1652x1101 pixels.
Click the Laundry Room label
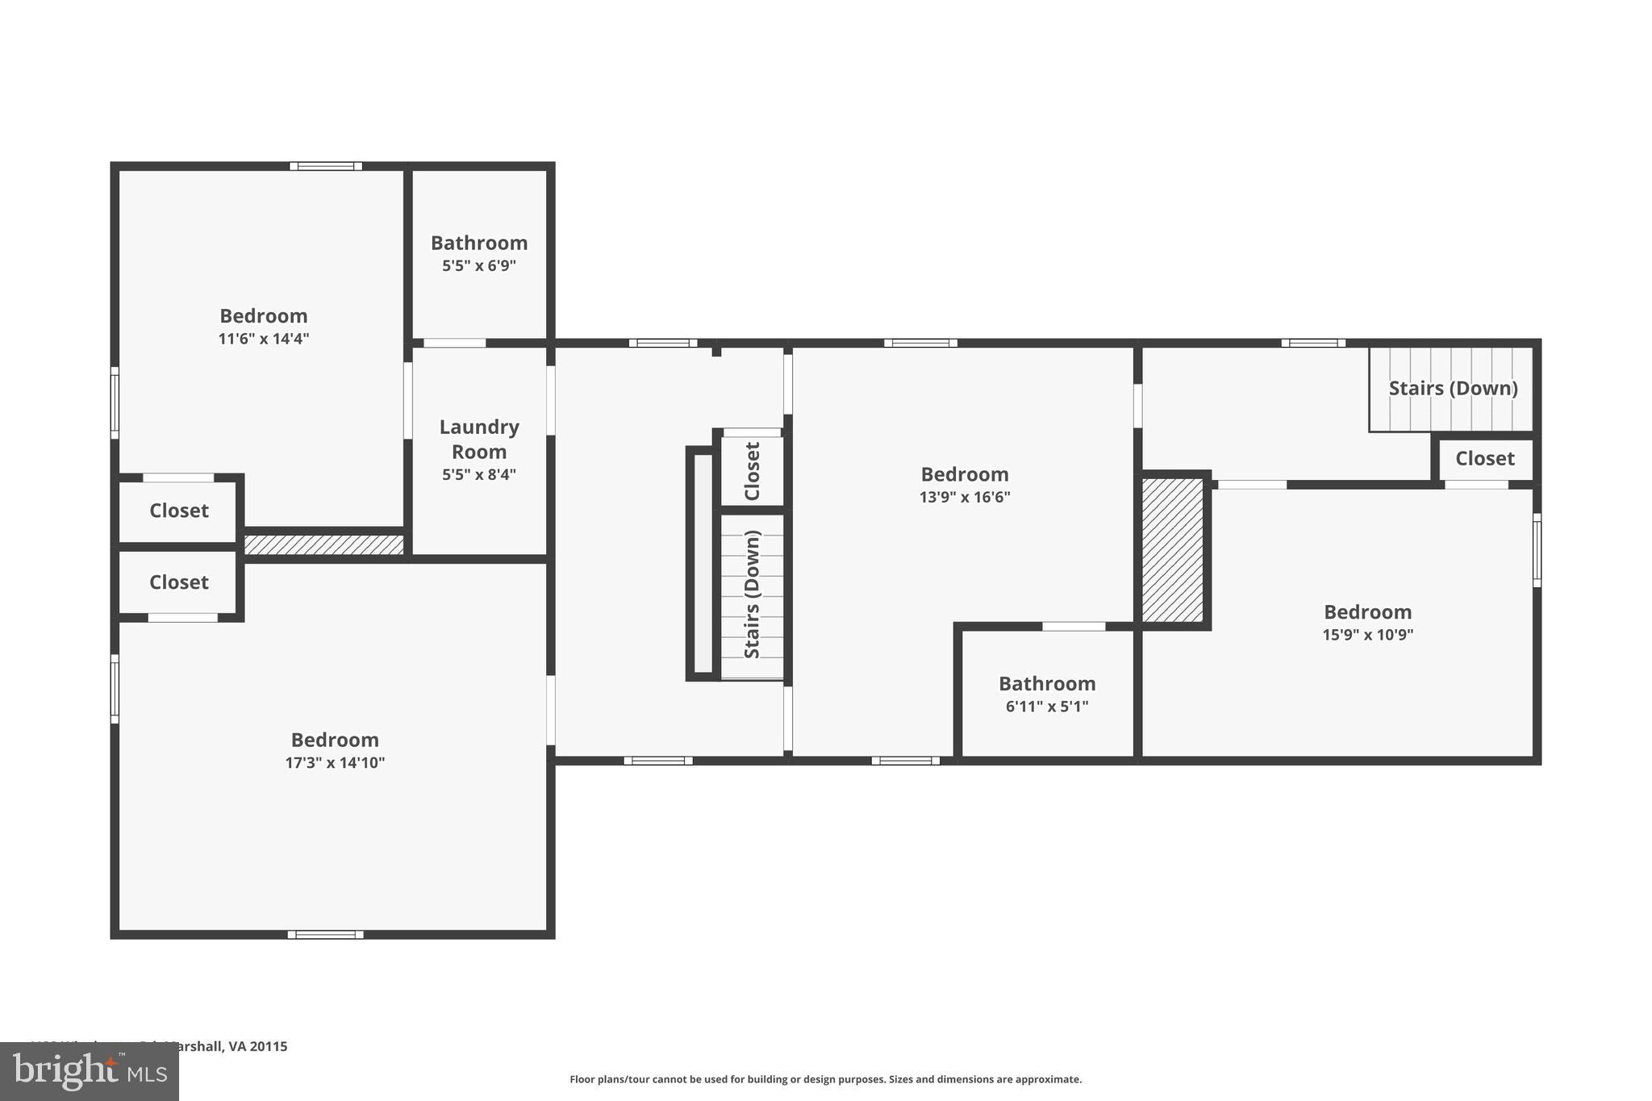point(478,439)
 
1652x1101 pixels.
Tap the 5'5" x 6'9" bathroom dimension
point(478,265)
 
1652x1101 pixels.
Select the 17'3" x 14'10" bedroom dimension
point(335,762)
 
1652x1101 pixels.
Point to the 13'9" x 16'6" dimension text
point(964,497)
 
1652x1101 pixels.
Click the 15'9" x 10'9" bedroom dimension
point(1367,635)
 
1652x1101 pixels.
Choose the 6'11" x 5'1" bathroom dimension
point(1046,707)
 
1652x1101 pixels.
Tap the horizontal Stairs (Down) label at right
point(1453,388)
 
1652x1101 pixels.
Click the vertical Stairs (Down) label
point(752,594)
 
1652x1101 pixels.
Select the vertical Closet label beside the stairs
point(752,471)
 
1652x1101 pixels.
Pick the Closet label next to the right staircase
point(1484,459)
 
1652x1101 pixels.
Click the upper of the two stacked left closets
point(179,511)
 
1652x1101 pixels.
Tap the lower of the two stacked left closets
point(179,582)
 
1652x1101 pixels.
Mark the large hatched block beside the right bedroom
point(1173,549)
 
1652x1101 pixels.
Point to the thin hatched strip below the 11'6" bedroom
point(323,545)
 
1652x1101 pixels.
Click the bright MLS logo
point(89,1071)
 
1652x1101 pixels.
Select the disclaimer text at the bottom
point(825,1079)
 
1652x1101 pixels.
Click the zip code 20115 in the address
point(269,1046)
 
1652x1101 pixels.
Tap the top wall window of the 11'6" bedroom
point(326,166)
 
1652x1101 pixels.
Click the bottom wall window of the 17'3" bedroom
point(325,935)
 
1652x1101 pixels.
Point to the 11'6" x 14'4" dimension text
point(263,339)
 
